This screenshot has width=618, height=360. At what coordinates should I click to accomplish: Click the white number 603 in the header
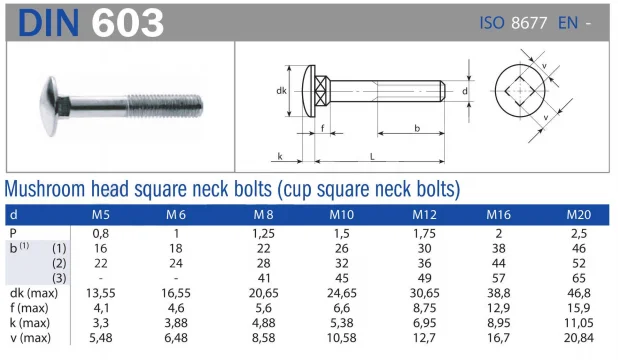coord(127,23)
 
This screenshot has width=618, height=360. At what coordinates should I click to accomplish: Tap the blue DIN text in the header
coord(48,23)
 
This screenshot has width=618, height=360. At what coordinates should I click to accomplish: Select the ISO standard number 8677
coord(529,23)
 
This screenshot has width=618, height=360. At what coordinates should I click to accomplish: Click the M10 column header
coord(342,215)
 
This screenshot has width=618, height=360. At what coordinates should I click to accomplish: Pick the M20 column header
coord(579,215)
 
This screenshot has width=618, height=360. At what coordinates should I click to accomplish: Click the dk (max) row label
coord(34,293)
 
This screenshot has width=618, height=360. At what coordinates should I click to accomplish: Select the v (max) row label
coord(31,338)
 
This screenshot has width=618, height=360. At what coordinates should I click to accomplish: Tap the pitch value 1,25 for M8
coord(263,233)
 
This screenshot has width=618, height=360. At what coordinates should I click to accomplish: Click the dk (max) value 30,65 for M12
coord(424,293)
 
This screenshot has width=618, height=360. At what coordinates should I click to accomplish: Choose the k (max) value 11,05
coord(579,323)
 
